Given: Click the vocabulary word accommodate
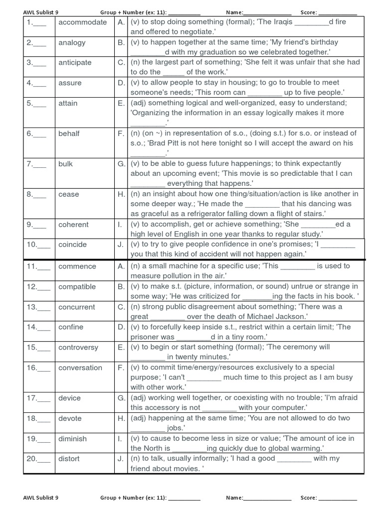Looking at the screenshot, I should pos(82,22).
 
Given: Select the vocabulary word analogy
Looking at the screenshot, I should pos(72,43).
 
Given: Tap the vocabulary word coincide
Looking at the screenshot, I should pos(72,245).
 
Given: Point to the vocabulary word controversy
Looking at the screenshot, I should pos(78,348).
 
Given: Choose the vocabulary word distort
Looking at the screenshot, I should pos(69,459).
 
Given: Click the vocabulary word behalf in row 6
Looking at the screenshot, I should pos(69,133).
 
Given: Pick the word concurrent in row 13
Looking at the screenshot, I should pos(76,307).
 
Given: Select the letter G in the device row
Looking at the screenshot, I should pos(121,398).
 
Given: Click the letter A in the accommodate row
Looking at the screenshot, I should pos(121,22).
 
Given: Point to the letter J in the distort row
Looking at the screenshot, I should pos(121,459).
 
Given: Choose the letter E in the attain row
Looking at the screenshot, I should pos(121,103).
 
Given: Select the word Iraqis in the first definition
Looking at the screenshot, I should pos(281,22).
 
